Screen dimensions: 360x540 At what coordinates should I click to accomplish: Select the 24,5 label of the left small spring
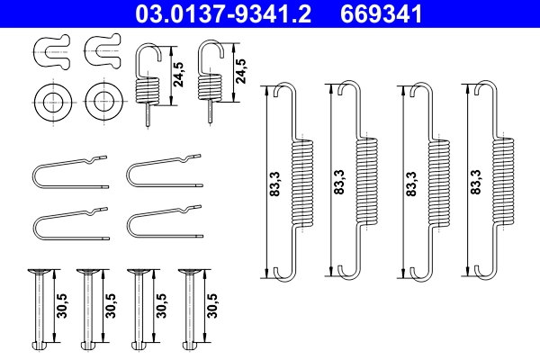[178, 72]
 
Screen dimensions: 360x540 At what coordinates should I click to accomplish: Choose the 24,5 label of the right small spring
[240, 72]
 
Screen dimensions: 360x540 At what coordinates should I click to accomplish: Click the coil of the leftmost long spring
[301, 180]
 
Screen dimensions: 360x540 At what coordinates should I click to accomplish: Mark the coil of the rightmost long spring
[505, 180]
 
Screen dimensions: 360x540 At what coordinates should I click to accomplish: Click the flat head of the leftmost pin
[39, 274]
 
